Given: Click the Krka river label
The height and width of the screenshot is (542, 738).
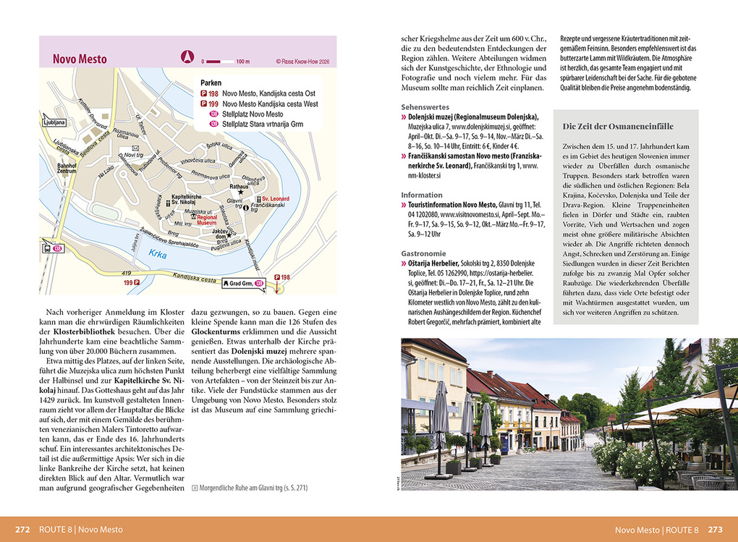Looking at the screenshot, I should [x=158, y=254].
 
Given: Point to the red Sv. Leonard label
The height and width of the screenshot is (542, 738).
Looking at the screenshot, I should [x=274, y=199].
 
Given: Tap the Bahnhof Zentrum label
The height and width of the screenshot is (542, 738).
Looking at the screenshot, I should [x=67, y=169].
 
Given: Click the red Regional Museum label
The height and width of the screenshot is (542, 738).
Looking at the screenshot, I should [x=207, y=220].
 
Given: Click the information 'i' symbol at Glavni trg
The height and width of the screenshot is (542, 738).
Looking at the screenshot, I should [x=246, y=208].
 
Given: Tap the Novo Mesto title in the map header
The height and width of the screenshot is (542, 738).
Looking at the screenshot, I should [x=80, y=59].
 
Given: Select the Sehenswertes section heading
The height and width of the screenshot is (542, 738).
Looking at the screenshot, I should [x=425, y=106].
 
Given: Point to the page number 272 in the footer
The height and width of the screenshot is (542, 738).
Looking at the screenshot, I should [x=22, y=529].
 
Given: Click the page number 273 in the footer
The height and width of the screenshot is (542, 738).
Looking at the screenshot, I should [x=715, y=529].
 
